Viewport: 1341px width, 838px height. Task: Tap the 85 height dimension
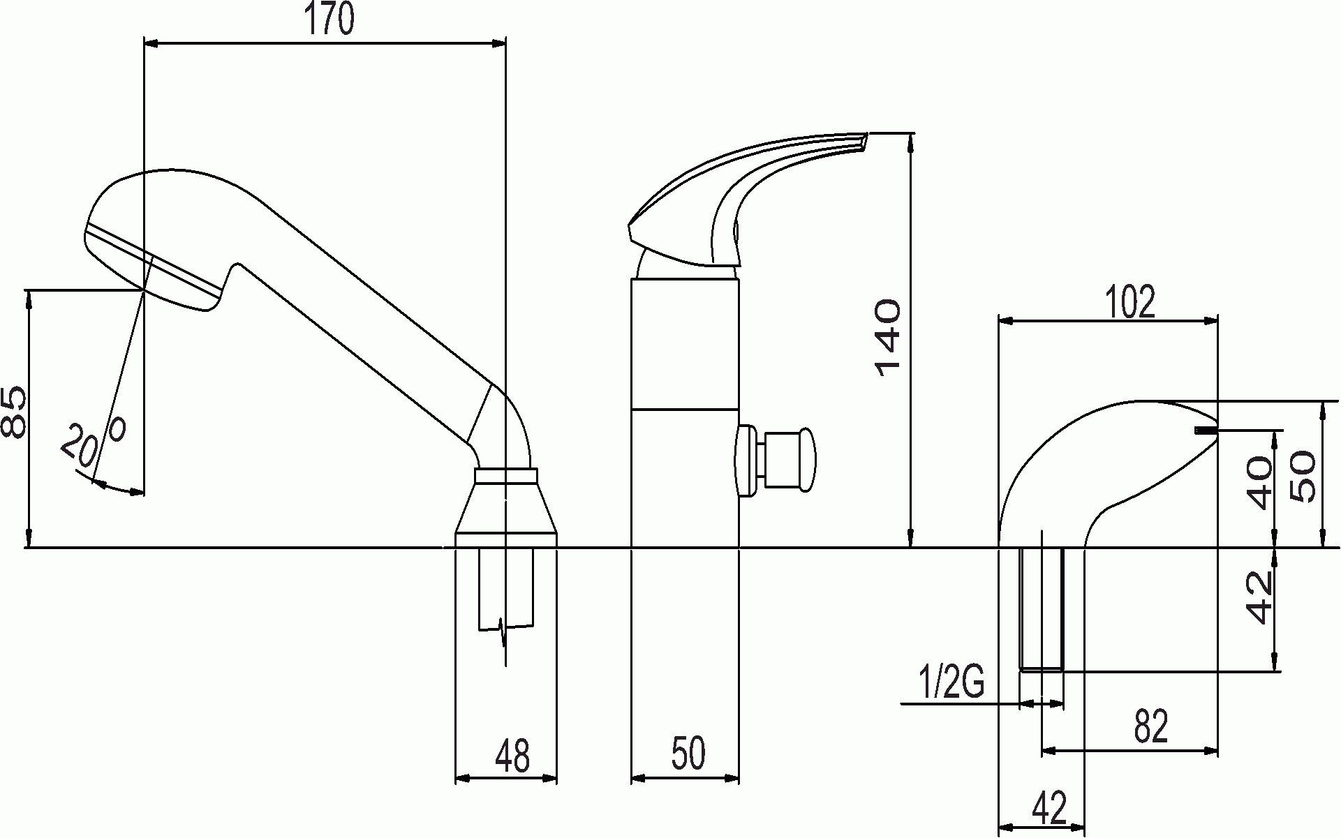click(14, 412)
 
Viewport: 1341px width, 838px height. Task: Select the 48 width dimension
click(512, 755)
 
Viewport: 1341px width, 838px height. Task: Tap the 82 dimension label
click(1150, 727)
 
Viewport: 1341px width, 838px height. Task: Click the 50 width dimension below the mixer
click(688, 754)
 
